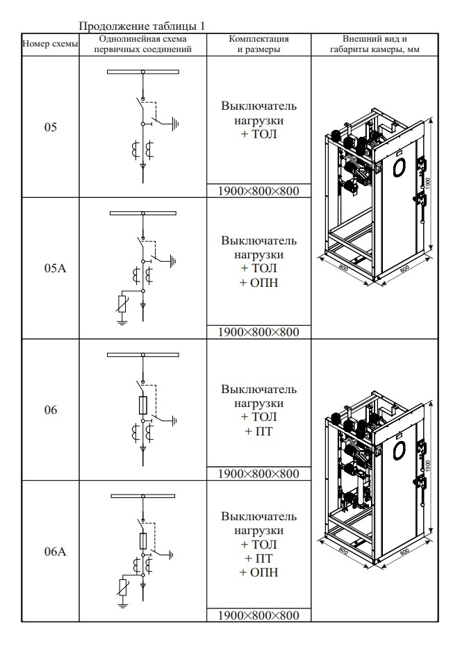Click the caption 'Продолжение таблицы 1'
[x=142, y=26]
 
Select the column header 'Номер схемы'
[x=50, y=44]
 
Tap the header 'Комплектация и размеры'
[x=258, y=44]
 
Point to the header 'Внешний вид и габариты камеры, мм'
[x=375, y=44]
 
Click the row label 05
[x=50, y=128]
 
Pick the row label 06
[x=50, y=411]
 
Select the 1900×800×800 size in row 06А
[x=258, y=615]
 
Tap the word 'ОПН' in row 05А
[x=258, y=282]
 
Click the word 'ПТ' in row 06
[x=258, y=431]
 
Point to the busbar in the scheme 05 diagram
[x=143, y=72]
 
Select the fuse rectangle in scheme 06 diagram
[x=143, y=404]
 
